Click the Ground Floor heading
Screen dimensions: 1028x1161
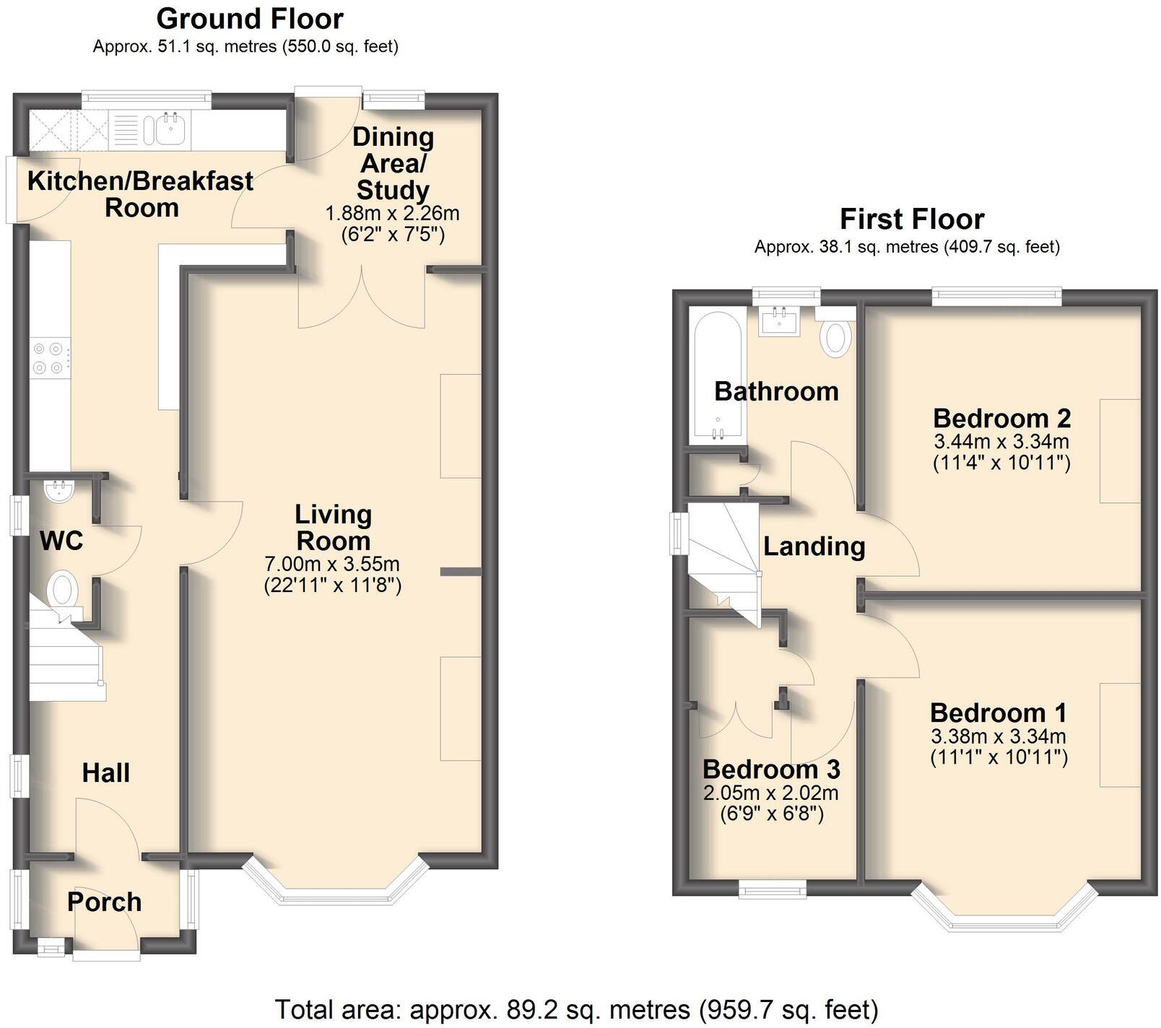click(x=250, y=19)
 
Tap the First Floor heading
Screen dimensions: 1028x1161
click(x=911, y=219)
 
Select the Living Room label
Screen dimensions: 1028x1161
click(x=333, y=528)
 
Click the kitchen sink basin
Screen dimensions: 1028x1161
click(x=172, y=130)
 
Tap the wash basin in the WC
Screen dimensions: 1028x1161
click(x=57, y=493)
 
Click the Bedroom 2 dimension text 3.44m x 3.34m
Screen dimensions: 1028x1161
click(x=1001, y=441)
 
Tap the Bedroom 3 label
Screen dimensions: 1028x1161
click(x=771, y=769)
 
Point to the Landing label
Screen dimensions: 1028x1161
click(x=814, y=546)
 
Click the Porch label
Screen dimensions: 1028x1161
click(x=104, y=902)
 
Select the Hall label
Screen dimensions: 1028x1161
click(x=105, y=772)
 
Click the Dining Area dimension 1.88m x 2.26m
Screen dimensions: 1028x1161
click(x=392, y=214)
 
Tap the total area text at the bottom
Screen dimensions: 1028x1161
click(x=576, y=1009)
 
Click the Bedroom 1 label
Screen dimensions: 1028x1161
click(x=998, y=713)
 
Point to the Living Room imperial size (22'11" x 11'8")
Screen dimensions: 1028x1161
click(x=332, y=585)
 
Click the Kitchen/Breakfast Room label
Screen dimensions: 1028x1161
click(x=141, y=194)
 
